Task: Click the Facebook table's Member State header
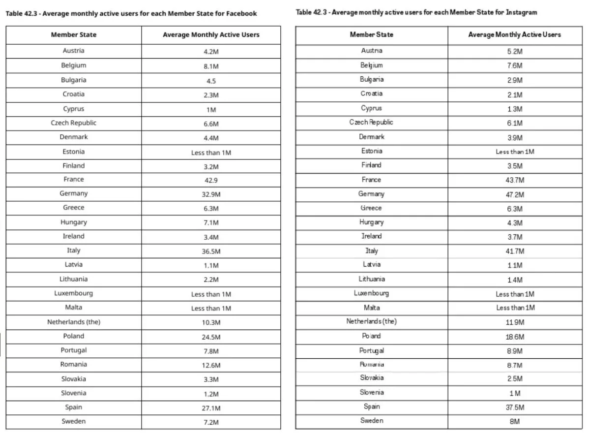pyautogui.click(x=73, y=35)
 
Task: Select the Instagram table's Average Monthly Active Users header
pyautogui.click(x=514, y=34)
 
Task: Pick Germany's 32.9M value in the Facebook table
pyautogui.click(x=211, y=194)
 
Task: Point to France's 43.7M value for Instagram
pyautogui.click(x=515, y=181)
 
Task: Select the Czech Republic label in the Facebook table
pyautogui.click(x=73, y=123)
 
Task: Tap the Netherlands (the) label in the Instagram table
pyautogui.click(x=371, y=321)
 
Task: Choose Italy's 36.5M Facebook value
pyautogui.click(x=211, y=251)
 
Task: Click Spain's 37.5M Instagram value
pyautogui.click(x=515, y=408)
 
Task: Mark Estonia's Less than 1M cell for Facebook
pyautogui.click(x=211, y=153)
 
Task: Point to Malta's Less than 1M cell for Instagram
pyautogui.click(x=515, y=308)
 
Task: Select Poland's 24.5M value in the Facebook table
pyautogui.click(x=211, y=337)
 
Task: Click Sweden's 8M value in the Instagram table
pyautogui.click(x=515, y=422)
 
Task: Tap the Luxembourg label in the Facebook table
pyautogui.click(x=73, y=293)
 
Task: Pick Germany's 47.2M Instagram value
pyautogui.click(x=515, y=195)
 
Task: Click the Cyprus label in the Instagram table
pyautogui.click(x=371, y=108)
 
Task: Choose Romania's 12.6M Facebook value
pyautogui.click(x=211, y=365)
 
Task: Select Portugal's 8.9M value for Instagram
pyautogui.click(x=515, y=351)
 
